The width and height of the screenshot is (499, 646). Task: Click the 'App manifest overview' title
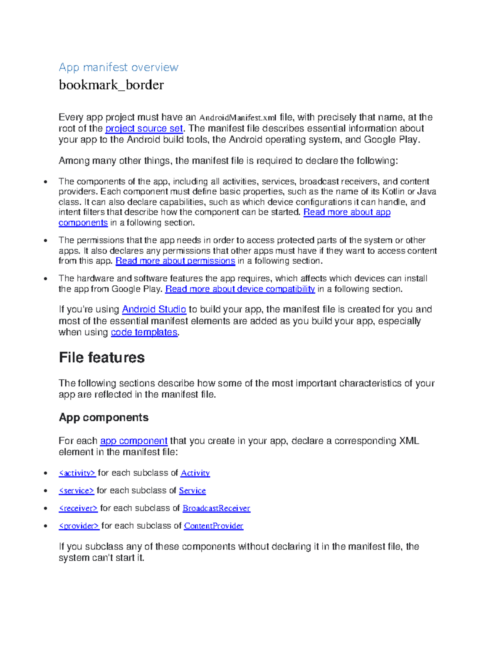pyautogui.click(x=119, y=67)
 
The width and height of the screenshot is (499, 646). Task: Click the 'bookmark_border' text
pyautogui.click(x=111, y=85)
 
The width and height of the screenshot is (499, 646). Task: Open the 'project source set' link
pyautogui.click(x=144, y=129)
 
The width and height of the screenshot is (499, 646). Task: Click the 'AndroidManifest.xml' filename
pyautogui.click(x=238, y=118)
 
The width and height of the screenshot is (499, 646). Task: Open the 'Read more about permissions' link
pyautogui.click(x=175, y=261)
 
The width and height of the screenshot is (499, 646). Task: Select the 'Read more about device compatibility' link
pyautogui.click(x=240, y=289)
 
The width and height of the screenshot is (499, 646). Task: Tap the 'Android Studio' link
pyautogui.click(x=154, y=309)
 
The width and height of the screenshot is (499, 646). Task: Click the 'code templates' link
pyautogui.click(x=144, y=332)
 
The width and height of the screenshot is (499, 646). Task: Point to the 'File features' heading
pyautogui.click(x=102, y=357)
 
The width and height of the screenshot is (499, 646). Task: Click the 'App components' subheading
pyautogui.click(x=104, y=418)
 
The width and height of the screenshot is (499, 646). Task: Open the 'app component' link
pyautogui.click(x=133, y=441)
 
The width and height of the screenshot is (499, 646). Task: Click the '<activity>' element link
pyautogui.click(x=77, y=473)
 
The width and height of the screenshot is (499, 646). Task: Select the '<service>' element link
pyautogui.click(x=77, y=491)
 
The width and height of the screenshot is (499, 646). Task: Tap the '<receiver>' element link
pyautogui.click(x=78, y=508)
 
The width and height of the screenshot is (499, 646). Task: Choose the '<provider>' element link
pyautogui.click(x=79, y=526)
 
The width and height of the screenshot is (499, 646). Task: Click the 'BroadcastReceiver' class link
pyautogui.click(x=216, y=508)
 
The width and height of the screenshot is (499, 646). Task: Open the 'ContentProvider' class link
pyautogui.click(x=213, y=526)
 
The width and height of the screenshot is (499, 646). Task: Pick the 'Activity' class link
pyautogui.click(x=195, y=473)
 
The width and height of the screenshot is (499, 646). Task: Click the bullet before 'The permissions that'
pyautogui.click(x=45, y=240)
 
